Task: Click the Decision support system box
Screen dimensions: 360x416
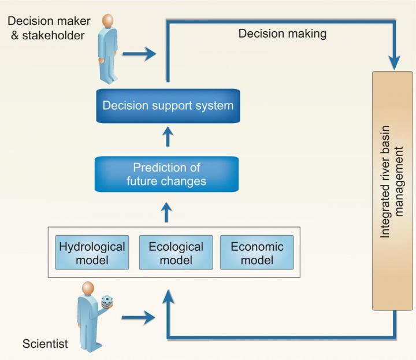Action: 168,106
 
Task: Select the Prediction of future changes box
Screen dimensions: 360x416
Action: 167,175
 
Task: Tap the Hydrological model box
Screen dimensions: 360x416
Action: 92,253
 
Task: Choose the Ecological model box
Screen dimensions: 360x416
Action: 176,253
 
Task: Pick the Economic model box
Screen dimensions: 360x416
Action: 257,253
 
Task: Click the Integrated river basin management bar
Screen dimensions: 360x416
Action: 393,191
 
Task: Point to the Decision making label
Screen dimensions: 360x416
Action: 283,34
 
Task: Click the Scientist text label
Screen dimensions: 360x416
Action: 45,344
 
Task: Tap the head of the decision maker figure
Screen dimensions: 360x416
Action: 107,21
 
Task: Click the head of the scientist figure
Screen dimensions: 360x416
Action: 88,288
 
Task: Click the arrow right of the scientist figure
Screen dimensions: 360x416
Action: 138,317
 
